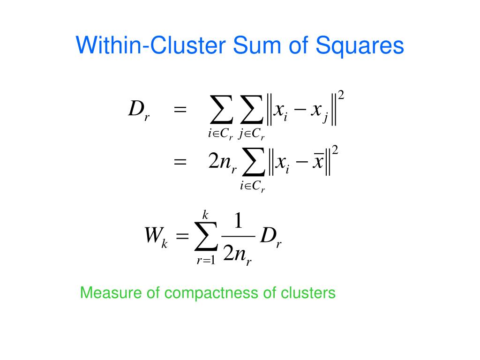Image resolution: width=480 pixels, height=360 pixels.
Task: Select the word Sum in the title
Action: [x=251, y=46]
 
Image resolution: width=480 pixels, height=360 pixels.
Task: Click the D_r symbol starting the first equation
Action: [x=138, y=111]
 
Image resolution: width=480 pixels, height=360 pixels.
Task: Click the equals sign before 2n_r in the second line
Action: [x=180, y=162]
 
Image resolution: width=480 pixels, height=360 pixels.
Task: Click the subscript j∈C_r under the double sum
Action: [x=252, y=135]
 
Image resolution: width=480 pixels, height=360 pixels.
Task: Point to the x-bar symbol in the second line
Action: [x=318, y=162]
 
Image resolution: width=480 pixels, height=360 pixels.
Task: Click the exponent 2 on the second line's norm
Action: [x=335, y=150]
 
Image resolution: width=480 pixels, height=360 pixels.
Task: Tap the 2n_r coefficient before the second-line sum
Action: [x=222, y=163]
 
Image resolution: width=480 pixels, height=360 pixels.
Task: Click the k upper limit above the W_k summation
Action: [x=205, y=215]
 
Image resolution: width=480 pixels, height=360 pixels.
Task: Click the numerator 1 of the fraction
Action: [x=238, y=222]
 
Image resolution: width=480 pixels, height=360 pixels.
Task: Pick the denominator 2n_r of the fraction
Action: [x=238, y=255]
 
